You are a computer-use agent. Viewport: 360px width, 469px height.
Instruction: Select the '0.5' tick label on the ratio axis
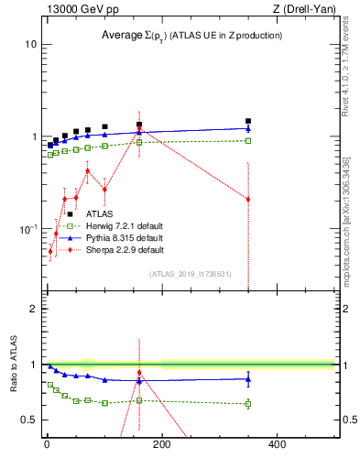tap(29, 420)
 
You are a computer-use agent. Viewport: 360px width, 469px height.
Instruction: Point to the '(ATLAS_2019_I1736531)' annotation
tap(191, 274)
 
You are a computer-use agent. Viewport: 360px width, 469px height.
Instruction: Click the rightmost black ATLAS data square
tap(248, 121)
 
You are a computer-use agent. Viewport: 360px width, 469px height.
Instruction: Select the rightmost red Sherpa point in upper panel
tap(248, 199)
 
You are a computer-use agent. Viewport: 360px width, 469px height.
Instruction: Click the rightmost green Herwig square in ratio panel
tap(248, 403)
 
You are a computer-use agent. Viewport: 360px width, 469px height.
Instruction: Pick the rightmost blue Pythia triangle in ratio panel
tap(248, 378)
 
